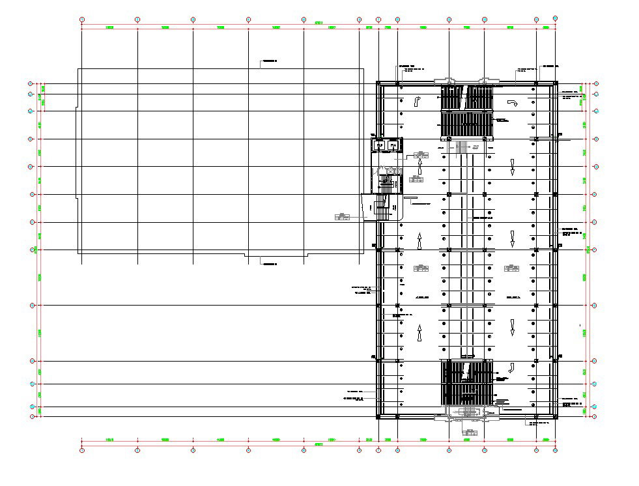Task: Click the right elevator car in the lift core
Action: (392, 145)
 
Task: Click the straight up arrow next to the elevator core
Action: (419, 168)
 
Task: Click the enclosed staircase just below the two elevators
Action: (386, 184)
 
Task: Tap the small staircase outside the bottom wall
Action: (466, 412)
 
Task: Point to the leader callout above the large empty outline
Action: (270, 62)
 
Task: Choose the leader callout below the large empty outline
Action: (270, 263)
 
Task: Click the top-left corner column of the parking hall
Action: (379, 83)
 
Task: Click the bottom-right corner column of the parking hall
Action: (556, 415)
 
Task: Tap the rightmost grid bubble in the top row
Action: (555, 19)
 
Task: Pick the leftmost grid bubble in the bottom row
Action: (81, 450)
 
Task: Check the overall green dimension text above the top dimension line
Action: (319, 23)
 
